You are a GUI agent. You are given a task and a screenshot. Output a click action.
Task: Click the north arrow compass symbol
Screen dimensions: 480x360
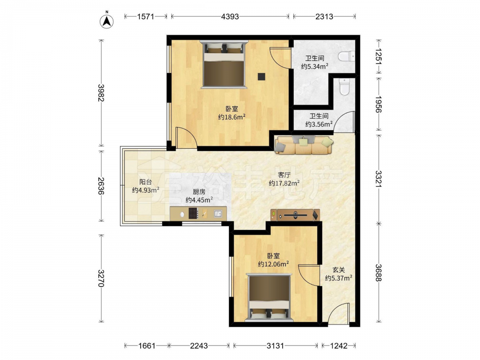107,21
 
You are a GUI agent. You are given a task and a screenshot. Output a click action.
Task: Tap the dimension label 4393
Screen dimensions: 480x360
230,16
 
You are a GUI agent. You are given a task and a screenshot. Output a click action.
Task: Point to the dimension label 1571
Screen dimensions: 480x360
145,16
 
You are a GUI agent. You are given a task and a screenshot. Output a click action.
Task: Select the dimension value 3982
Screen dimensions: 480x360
101,93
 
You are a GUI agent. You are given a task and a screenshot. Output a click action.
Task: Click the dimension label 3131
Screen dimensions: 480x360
275,346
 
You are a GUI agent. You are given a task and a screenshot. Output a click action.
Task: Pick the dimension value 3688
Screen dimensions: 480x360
379,273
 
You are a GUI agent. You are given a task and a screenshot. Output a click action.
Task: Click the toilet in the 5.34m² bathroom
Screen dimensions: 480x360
347,56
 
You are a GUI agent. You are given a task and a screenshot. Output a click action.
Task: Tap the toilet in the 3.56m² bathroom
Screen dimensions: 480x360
345,86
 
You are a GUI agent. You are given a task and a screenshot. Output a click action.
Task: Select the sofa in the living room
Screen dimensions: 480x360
304,145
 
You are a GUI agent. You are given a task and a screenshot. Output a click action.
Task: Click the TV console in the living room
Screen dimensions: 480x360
295,215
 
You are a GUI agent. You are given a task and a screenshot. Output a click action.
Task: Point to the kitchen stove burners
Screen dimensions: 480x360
193,213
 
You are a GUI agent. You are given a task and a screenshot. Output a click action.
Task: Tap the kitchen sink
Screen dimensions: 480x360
218,214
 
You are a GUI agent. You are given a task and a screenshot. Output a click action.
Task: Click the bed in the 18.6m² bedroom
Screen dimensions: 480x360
224,65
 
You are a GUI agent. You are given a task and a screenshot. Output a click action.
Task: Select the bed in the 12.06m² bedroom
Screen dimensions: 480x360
268,298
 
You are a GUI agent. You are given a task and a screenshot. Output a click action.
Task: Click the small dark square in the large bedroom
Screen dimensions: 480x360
262,76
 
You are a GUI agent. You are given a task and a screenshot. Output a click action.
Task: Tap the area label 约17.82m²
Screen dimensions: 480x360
284,183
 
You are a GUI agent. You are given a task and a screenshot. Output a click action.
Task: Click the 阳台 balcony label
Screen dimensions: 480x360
145,182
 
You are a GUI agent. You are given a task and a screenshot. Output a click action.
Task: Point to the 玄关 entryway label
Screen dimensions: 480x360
338,270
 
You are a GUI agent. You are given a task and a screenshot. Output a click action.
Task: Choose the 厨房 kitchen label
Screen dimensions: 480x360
199,192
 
